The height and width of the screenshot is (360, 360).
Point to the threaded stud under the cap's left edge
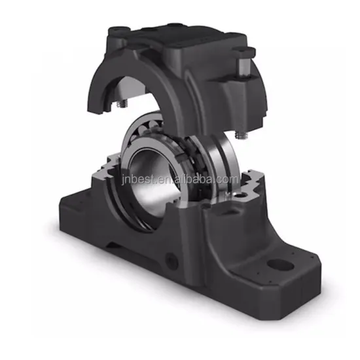(x=122, y=103)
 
